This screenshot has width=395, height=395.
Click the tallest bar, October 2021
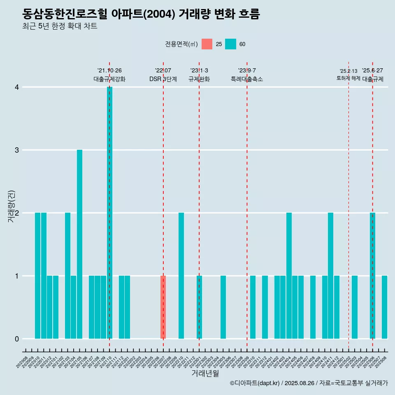tap(109, 212)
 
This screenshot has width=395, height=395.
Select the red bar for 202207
tap(163, 307)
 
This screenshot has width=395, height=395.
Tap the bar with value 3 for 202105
tap(79, 244)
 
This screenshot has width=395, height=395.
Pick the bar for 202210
tap(181, 276)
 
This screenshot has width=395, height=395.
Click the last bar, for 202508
tap(384, 307)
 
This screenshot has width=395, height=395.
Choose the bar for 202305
tap(223, 307)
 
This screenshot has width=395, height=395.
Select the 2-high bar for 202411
tap(330, 276)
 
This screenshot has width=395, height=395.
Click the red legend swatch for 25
tap(207, 44)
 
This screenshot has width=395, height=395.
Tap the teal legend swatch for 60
tap(230, 44)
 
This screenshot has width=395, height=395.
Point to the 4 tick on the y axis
tap(16, 87)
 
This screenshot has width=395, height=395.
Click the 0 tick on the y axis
tap(16, 339)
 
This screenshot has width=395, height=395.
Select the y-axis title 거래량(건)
tap(11, 206)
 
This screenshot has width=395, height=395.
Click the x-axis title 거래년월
tap(205, 373)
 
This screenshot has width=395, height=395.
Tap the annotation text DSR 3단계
tap(163, 79)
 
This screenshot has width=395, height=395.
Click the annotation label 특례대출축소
tap(247, 79)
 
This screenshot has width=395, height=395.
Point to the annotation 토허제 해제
tap(348, 78)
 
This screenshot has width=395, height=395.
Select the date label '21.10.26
tap(109, 71)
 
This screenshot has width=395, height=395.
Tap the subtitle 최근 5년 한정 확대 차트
tap(60, 27)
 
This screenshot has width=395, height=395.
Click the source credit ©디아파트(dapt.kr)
tap(255, 383)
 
